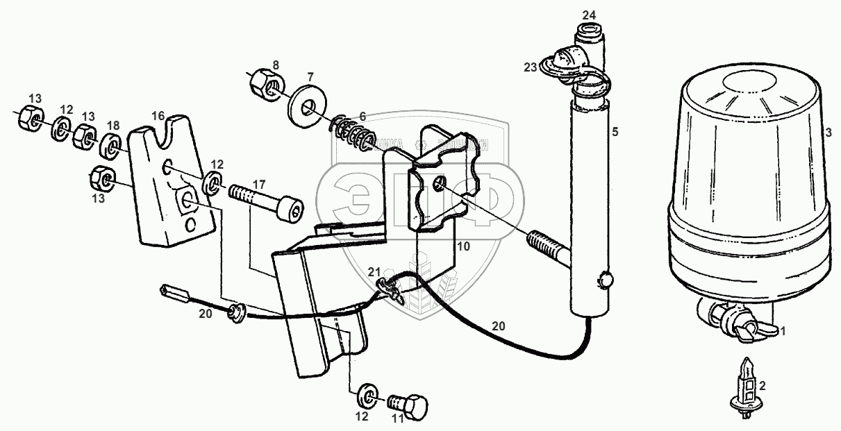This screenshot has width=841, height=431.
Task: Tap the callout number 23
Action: [531, 67]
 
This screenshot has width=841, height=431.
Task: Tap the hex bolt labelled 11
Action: [410, 405]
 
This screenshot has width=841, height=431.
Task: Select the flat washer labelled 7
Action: [306, 103]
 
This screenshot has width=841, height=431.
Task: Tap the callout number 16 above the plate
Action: [158, 115]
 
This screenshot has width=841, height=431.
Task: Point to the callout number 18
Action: [113, 126]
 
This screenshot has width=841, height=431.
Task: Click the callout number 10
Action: [463, 246]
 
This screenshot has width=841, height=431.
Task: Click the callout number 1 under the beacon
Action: [783, 331]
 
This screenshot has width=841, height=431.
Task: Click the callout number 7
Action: [310, 75]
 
